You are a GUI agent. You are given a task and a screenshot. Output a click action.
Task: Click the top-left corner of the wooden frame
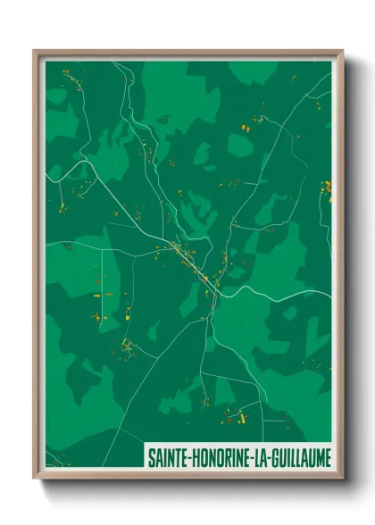tap(34, 50)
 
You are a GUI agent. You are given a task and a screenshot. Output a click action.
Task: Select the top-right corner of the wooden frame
tap(343, 50)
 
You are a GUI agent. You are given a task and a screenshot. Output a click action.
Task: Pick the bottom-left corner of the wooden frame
tap(34, 479)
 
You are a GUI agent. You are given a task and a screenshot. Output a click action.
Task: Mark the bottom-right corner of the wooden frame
tap(343, 479)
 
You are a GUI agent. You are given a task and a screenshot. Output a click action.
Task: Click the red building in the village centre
tap(204, 279)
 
